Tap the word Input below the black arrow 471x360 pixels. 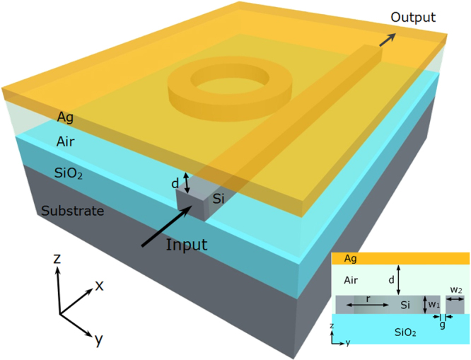187,245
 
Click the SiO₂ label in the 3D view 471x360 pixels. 69,172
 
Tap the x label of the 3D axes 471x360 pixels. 99,285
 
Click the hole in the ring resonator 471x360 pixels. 228,83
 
